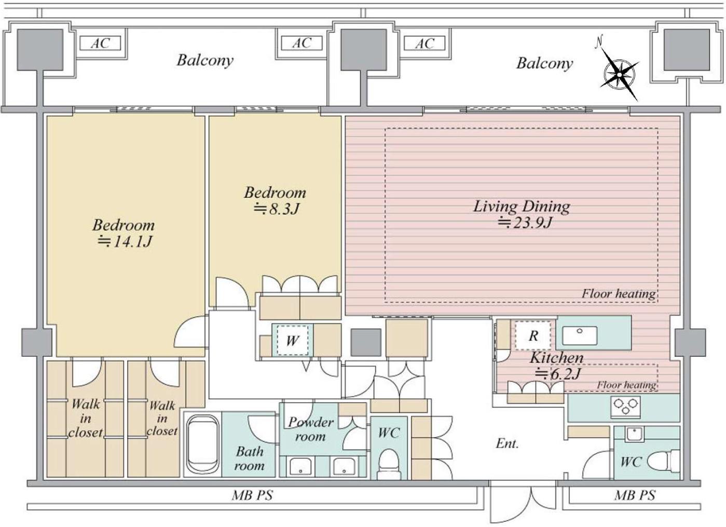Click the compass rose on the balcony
point(619,75)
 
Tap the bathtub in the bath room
point(202,444)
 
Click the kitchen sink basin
point(580,335)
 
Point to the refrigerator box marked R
point(533,335)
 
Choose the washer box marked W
point(293,340)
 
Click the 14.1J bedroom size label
point(125,241)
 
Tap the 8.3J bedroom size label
point(276,209)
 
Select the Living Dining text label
point(522,206)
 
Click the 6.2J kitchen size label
point(557,374)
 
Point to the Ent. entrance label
point(507,443)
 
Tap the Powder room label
point(310,429)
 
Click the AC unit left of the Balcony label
point(100,43)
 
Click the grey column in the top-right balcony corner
point(687,50)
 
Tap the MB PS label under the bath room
point(252,495)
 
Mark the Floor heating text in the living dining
point(619,294)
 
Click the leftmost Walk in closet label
point(86,418)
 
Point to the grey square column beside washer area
point(365,343)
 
